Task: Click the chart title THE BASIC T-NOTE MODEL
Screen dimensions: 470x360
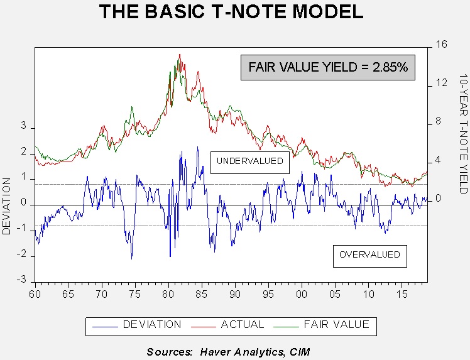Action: coord(231,12)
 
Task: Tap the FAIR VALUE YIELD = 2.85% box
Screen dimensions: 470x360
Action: coord(328,67)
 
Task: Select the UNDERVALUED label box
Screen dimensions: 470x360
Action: coord(250,163)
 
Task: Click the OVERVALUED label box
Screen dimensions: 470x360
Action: coord(370,256)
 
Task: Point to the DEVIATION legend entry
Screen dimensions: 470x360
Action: coord(137,325)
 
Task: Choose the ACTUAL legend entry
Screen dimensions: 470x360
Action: coord(227,325)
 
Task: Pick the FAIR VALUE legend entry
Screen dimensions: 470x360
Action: coord(322,325)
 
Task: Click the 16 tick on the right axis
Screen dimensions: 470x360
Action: coord(441,45)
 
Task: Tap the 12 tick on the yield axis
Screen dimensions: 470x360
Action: coord(441,83)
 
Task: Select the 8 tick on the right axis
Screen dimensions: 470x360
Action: coord(438,121)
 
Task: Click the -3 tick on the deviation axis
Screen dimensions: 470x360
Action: coord(21,280)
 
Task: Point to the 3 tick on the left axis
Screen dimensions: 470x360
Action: coord(24,126)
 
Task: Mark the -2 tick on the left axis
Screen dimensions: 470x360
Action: coord(21,254)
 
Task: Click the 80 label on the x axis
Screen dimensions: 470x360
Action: coord(168,294)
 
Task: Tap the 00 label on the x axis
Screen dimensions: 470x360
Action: coord(302,294)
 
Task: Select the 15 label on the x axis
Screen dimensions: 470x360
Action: coord(402,294)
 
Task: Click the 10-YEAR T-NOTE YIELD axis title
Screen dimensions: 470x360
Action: coord(464,134)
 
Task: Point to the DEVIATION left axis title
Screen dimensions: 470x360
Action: coord(6,206)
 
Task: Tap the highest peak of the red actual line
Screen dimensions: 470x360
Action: coord(180,54)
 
